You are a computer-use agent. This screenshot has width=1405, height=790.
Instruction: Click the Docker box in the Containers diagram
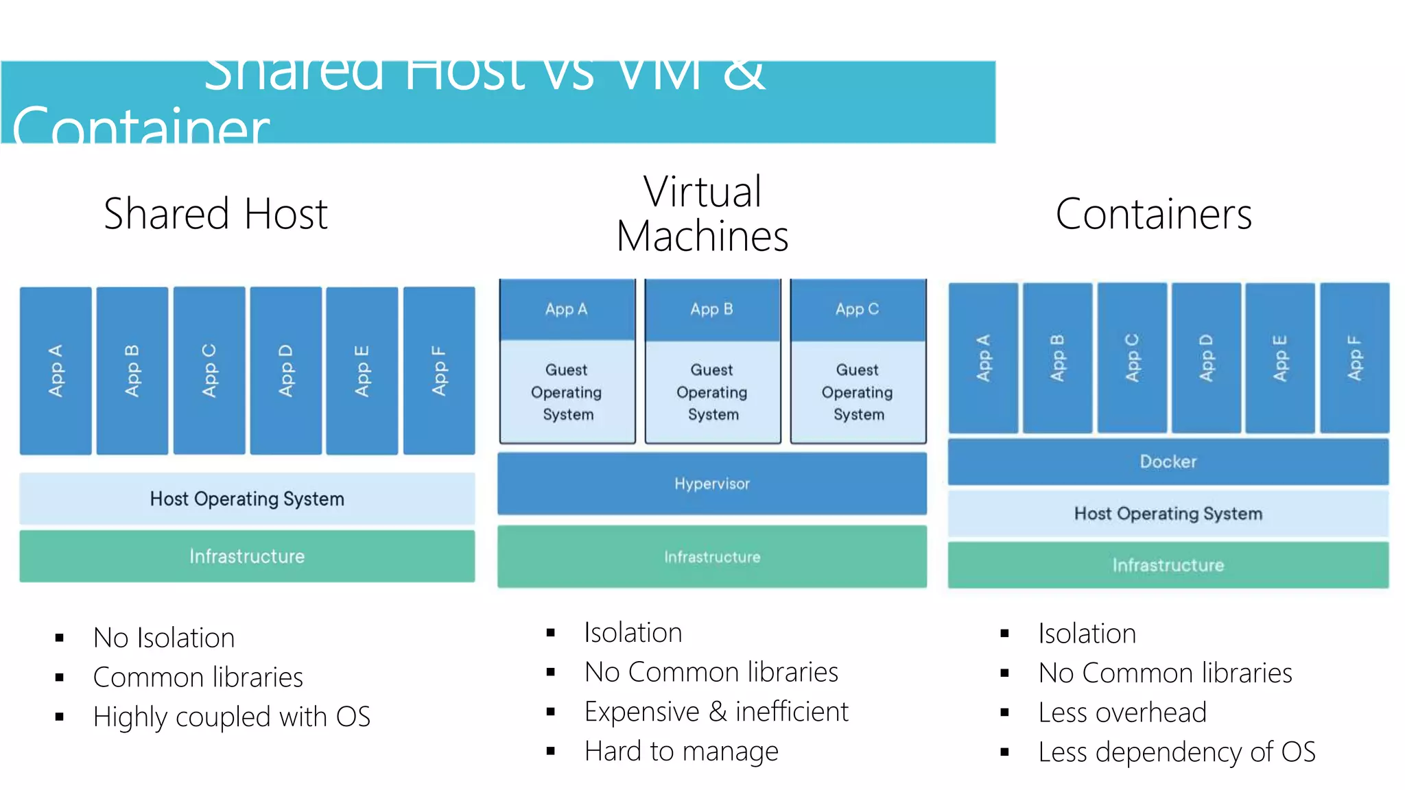coord(1168,462)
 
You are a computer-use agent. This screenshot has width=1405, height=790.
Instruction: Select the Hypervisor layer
coord(711,483)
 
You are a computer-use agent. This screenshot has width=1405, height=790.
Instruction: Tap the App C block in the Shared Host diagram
coord(209,370)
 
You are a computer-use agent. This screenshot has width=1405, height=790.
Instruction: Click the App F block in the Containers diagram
coord(1354,357)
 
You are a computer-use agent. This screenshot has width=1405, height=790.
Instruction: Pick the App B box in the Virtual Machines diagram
coord(712,309)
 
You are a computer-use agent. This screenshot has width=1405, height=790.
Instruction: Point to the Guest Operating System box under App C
coord(858,392)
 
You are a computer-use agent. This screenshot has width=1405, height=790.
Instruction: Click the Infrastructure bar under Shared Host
coord(247,556)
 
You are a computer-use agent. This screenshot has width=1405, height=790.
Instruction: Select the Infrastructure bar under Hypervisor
coord(711,557)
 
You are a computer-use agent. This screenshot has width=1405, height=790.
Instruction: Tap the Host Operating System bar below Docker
coord(1168,514)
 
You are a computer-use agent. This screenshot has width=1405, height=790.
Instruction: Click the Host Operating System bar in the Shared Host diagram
coord(247,499)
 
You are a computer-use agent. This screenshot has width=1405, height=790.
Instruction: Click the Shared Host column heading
coord(215,214)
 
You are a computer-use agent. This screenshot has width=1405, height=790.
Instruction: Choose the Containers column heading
coord(1153,214)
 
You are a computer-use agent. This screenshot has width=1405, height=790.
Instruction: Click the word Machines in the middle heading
coord(702,237)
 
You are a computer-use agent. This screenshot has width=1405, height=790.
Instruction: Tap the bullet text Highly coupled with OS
coord(231,717)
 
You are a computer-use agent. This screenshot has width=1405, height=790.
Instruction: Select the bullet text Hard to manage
coord(681,751)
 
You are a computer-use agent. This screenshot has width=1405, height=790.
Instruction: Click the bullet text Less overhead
coord(1122,713)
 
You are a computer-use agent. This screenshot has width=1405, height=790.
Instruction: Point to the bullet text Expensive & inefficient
coord(716,712)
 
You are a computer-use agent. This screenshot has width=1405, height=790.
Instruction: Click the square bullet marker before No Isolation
coord(60,638)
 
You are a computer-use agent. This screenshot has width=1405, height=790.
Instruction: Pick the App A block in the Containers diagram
coord(983,357)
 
